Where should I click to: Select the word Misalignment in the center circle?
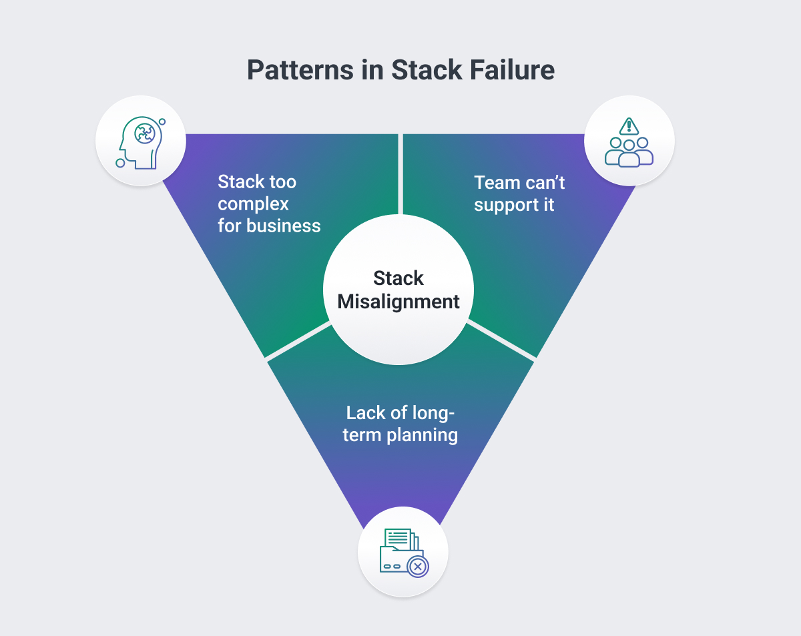tap(398, 302)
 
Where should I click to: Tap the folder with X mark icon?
tap(403, 552)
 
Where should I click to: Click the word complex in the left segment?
tap(253, 204)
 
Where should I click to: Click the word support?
tap(507, 204)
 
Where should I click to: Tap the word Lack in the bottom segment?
tap(366, 412)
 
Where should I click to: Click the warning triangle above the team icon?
tap(629, 125)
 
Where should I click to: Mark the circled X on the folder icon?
tap(418, 567)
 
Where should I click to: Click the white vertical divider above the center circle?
tap(400, 174)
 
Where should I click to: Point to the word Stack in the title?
tap(424, 70)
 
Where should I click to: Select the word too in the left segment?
tap(282, 182)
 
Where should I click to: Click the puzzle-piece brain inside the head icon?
tap(144, 133)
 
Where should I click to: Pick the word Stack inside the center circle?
tap(398, 278)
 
